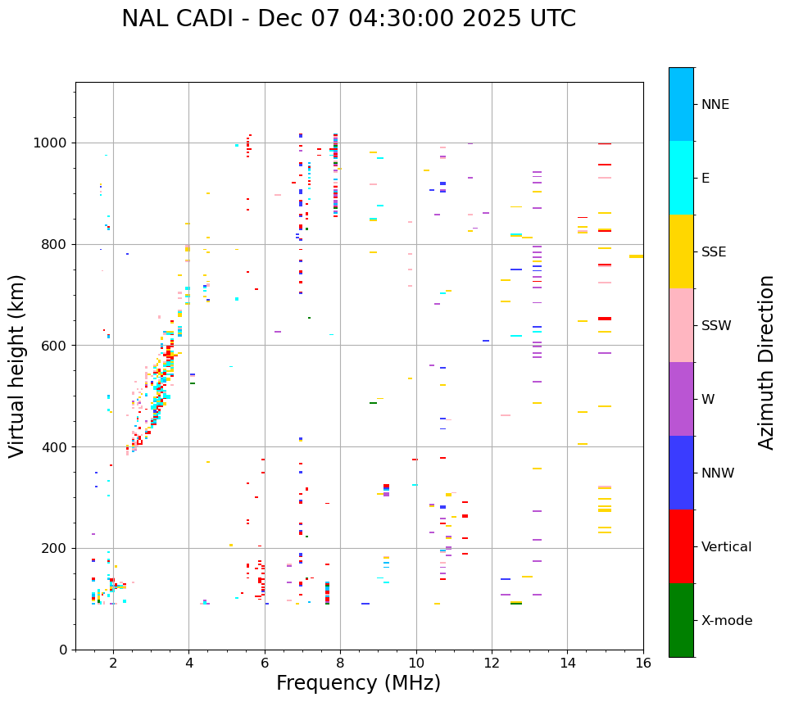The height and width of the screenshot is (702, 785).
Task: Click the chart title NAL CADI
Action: (348, 19)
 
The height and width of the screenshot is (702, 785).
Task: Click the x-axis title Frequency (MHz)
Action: (358, 683)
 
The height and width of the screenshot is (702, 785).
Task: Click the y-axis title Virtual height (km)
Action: (17, 366)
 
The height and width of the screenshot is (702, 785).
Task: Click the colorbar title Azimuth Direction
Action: (766, 362)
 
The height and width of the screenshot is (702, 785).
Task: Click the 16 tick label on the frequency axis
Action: (643, 663)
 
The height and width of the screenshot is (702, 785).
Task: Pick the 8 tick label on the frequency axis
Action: (340, 663)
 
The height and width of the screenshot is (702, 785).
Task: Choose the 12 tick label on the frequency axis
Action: (492, 663)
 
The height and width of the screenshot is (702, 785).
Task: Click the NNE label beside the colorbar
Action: (715, 105)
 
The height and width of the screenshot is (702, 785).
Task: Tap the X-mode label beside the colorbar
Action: (727, 621)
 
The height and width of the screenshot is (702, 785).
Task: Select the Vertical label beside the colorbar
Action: (726, 547)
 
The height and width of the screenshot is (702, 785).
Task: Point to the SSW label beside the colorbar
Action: (716, 326)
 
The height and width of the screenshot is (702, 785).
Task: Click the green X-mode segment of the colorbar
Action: (681, 620)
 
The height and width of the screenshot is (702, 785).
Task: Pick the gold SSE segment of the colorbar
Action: (681, 251)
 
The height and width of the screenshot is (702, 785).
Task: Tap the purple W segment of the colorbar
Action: (681, 399)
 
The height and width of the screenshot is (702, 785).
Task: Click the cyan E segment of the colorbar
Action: (681, 178)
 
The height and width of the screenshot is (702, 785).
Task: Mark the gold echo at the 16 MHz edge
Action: (636, 256)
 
